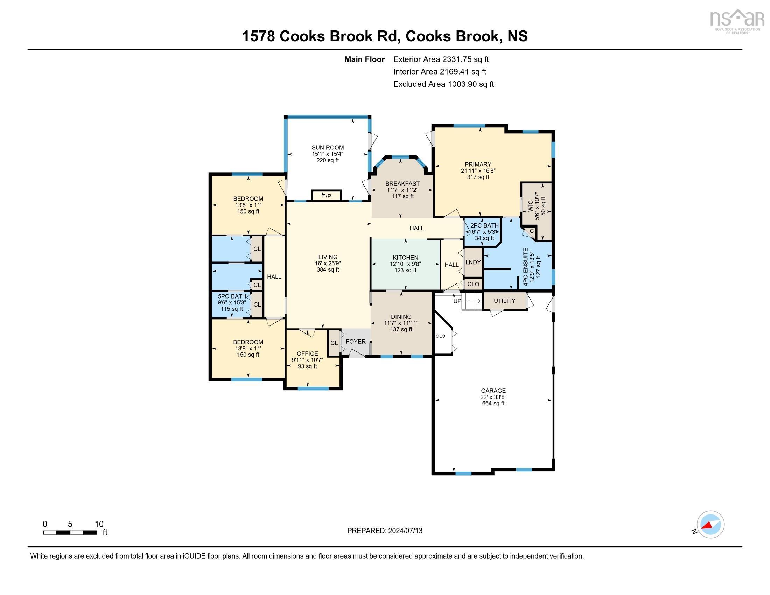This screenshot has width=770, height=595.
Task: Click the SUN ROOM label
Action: (328, 148)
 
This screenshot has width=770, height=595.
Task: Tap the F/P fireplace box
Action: (327, 196)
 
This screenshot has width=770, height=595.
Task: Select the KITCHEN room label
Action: (405, 258)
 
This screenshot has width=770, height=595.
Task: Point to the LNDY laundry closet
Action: (473, 262)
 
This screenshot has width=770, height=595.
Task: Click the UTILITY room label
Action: (504, 301)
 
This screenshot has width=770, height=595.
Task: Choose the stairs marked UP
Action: (471, 302)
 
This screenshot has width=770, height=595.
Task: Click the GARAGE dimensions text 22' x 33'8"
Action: (493, 397)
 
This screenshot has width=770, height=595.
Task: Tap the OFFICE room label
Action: (307, 353)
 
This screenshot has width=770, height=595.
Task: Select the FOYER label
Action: (355, 342)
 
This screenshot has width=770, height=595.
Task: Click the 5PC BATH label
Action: (232, 296)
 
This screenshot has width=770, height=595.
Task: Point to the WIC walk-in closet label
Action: (531, 206)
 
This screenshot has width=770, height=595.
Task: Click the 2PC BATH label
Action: (484, 226)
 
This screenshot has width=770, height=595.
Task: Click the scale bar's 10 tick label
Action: (99, 524)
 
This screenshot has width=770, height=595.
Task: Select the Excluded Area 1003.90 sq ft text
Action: (443, 84)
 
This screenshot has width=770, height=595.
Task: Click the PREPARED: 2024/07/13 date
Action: (385, 531)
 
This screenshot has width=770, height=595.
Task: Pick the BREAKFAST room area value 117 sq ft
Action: (402, 196)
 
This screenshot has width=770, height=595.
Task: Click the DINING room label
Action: (401, 317)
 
